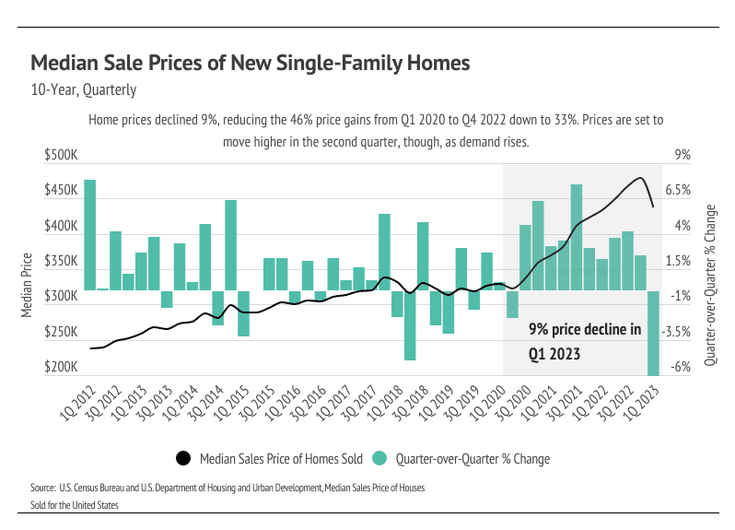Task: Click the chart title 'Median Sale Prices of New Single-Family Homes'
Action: coord(251,64)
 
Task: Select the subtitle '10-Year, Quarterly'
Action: coord(84,90)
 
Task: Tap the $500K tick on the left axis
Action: coord(61,156)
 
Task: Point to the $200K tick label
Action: coord(61,368)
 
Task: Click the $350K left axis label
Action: coord(61,262)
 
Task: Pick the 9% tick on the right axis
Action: coord(682,156)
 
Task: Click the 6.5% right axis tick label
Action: coord(678,191)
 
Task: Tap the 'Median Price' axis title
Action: coord(28,285)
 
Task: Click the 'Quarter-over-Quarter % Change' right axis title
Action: coord(710,285)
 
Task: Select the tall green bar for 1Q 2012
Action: coord(89,234)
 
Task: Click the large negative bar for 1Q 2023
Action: coord(653,332)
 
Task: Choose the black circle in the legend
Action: coord(183,457)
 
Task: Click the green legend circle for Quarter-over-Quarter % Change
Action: coord(379,457)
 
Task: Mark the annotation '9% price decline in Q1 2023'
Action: coord(584,340)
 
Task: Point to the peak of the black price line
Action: coord(639,178)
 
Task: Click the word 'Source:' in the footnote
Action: coord(42,486)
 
